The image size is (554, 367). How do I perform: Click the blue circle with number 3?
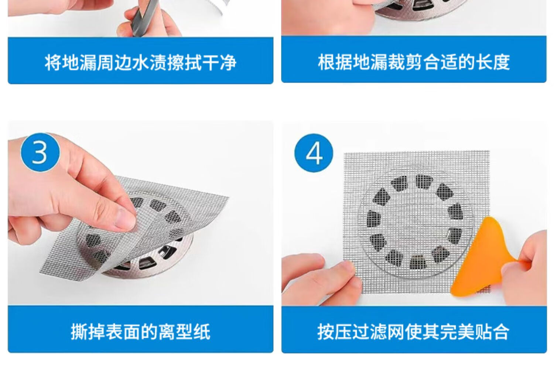point(40,152)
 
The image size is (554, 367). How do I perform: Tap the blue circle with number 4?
point(314,153)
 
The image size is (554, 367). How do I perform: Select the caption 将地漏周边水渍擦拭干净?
point(140,62)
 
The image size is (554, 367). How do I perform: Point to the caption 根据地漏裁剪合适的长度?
point(414,62)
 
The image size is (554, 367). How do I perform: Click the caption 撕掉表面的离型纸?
point(140,332)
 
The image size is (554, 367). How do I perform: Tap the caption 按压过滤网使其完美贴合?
point(414,332)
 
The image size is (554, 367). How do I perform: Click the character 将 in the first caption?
point(53,62)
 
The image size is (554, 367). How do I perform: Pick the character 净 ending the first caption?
point(228,62)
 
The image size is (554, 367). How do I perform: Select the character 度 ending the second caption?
point(502,62)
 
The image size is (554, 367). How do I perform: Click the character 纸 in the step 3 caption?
point(202,332)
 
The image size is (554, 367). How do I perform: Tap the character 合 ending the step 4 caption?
point(501,332)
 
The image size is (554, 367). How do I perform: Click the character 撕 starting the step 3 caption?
point(79,332)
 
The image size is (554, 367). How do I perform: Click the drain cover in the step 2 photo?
point(420,8)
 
